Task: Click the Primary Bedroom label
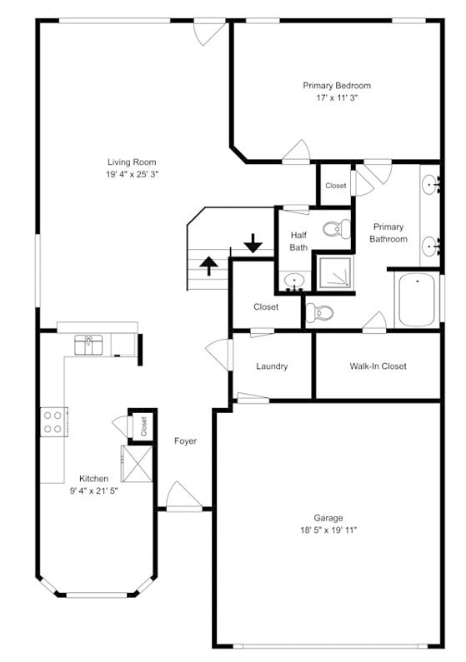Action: click(336, 85)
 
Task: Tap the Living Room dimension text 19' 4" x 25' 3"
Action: click(132, 175)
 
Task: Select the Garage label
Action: click(328, 518)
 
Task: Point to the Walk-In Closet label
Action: click(378, 366)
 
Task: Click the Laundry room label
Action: click(272, 366)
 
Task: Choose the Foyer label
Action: click(185, 441)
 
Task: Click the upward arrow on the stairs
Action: click(208, 266)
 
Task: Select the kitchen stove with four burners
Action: click(54, 421)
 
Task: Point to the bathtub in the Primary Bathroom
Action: click(416, 300)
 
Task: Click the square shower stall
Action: click(335, 272)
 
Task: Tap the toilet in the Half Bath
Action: click(336, 228)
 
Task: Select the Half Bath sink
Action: click(293, 281)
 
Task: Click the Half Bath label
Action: click(298, 240)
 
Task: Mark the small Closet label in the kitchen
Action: click(143, 427)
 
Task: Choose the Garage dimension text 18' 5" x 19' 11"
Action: click(328, 530)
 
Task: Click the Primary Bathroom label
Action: click(388, 232)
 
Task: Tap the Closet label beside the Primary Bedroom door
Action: click(336, 186)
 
